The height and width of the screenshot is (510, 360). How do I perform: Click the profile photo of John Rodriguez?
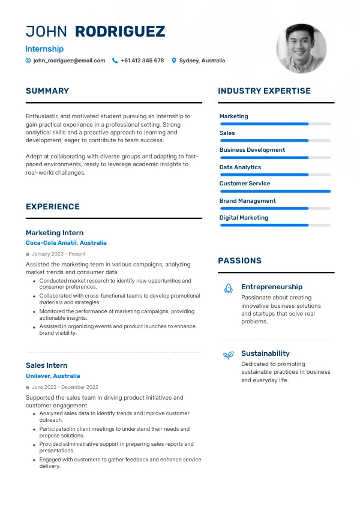click(301, 49)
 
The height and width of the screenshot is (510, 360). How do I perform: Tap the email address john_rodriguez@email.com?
click(69, 61)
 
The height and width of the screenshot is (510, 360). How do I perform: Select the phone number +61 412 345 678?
click(142, 61)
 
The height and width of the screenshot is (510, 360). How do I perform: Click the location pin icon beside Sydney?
click(174, 61)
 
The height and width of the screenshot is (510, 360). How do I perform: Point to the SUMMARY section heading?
click(47, 91)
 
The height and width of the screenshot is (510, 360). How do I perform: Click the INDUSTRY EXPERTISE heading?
click(264, 91)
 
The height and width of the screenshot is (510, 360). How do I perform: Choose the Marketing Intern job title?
click(55, 233)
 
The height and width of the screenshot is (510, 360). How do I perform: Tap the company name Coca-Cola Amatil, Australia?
click(66, 243)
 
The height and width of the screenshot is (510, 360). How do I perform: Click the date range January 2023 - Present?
click(59, 254)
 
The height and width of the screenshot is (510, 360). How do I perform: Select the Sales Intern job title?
click(46, 365)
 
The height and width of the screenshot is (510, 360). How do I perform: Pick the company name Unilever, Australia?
click(53, 376)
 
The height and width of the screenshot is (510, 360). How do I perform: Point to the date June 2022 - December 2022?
click(65, 387)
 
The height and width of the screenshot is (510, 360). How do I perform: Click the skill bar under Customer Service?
click(275, 191)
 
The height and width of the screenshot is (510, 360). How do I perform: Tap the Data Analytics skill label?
click(240, 167)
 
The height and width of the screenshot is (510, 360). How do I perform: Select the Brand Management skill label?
click(247, 201)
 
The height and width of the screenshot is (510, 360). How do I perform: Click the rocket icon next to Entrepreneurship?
click(228, 289)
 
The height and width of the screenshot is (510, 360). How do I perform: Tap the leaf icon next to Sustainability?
click(228, 355)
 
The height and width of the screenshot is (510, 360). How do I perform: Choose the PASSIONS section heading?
click(239, 261)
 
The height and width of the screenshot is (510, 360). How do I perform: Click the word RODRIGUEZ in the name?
click(120, 32)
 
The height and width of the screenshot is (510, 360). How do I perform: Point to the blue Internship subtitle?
click(44, 49)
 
